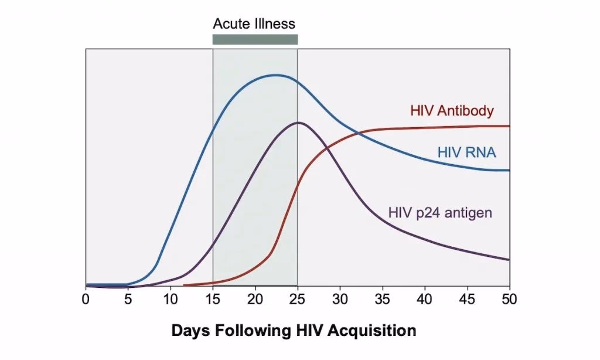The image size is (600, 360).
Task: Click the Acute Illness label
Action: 254,24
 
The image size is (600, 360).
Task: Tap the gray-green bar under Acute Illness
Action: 255,39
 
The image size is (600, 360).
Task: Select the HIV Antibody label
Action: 452,110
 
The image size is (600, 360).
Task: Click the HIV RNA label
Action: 466,153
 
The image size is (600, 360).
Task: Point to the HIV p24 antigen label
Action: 440,212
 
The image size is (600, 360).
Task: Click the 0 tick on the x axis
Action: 86,298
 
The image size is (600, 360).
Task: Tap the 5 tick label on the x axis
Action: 128,298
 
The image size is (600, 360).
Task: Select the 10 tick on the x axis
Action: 171,298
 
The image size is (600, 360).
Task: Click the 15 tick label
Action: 213,298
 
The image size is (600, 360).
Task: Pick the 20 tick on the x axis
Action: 255,298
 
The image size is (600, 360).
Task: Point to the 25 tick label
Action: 298,298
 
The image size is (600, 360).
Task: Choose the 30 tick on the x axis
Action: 340,298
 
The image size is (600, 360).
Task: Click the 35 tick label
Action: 382,298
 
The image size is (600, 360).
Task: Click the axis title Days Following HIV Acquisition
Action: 294,330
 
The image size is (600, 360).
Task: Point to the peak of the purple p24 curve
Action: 298,123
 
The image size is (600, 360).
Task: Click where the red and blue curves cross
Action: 359,135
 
